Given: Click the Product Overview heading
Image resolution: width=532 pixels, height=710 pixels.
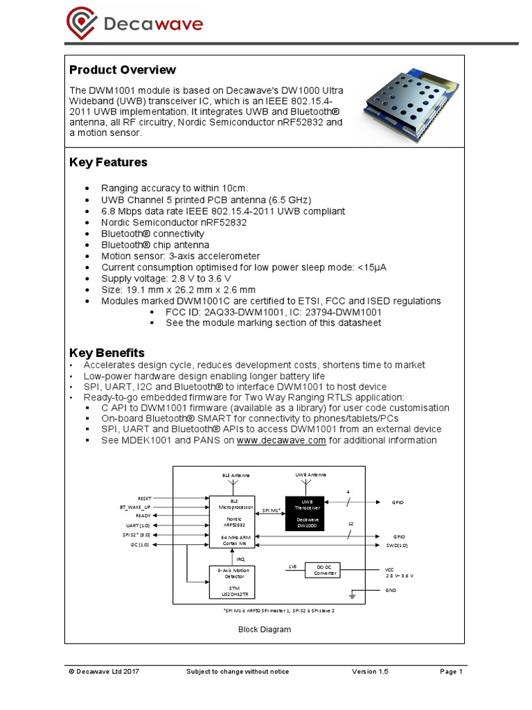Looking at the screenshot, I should [123, 70].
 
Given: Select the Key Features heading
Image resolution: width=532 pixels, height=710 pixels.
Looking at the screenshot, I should [108, 162].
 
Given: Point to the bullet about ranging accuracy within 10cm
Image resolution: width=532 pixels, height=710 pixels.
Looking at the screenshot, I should [174, 189].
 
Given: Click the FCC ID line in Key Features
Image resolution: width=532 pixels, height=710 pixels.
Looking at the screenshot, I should [273, 312].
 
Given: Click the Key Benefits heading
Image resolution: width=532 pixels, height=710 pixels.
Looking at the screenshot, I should [107, 353].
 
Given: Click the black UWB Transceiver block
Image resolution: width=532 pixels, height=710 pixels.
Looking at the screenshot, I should [304, 513].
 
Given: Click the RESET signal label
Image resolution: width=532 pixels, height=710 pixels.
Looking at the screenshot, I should [144, 498].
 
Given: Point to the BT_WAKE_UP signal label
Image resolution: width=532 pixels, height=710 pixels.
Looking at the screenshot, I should [135, 507].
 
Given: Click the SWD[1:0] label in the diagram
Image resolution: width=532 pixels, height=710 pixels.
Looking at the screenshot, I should [396, 545].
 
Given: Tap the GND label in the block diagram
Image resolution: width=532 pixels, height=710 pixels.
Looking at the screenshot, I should [391, 589].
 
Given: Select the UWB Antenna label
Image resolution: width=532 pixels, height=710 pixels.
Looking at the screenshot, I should [310, 474].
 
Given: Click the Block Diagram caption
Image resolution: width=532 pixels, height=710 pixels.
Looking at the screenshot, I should [265, 630].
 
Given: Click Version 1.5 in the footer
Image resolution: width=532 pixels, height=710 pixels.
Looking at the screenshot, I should [372, 672].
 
